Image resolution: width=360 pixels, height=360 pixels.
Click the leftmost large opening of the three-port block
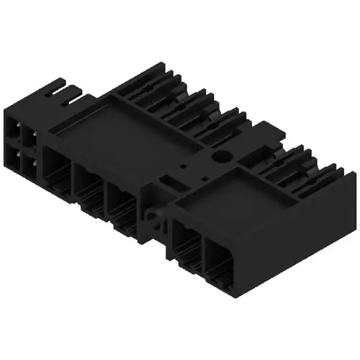[x=57, y=173]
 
